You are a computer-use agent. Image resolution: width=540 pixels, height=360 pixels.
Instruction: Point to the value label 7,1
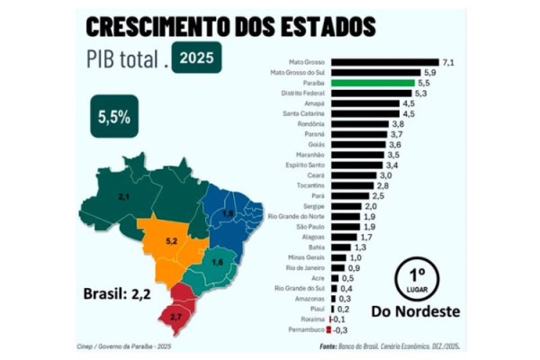[x=447, y=60]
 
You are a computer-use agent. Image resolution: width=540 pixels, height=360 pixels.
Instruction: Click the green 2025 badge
[x=196, y=58]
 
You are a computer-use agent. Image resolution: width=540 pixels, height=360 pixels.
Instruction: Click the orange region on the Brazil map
[x=166, y=245]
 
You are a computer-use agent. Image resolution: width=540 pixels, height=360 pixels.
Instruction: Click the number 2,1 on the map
[x=126, y=195]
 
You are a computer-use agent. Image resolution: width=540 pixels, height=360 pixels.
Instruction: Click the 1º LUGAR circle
[x=414, y=278]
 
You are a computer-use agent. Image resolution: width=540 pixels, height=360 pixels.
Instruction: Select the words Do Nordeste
[x=415, y=311]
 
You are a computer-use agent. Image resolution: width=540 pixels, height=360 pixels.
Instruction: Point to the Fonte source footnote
[x=395, y=346]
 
